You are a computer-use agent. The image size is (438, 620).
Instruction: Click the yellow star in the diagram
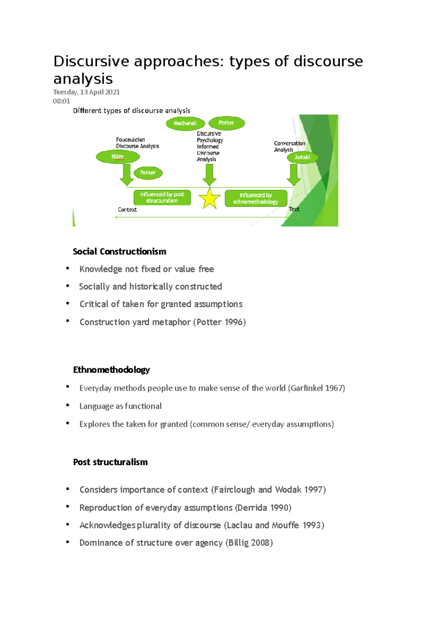click(210, 199)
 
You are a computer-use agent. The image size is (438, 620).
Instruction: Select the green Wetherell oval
click(185, 123)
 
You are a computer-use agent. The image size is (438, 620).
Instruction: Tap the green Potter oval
click(226, 123)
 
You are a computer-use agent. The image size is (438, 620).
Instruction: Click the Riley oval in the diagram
click(118, 157)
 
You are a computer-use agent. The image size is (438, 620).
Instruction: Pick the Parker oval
click(148, 173)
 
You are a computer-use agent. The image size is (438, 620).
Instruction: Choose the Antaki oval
click(302, 157)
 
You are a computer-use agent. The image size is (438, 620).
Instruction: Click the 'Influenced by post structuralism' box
click(162, 198)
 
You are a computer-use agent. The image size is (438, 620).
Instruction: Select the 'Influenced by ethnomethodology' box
click(255, 198)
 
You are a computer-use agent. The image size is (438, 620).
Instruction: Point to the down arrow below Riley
click(127, 175)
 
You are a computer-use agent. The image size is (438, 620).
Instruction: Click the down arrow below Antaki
click(293, 175)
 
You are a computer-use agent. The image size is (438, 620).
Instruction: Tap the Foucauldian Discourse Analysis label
click(137, 143)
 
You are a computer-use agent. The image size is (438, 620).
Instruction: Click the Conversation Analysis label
click(289, 146)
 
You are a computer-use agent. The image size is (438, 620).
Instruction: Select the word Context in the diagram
click(127, 210)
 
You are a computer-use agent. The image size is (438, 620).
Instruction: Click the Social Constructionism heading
click(119, 252)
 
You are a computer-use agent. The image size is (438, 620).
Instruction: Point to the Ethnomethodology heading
click(111, 370)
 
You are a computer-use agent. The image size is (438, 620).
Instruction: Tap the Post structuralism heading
click(110, 462)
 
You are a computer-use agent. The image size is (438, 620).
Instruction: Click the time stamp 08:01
click(61, 101)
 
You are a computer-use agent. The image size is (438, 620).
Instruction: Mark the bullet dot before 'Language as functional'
click(68, 405)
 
